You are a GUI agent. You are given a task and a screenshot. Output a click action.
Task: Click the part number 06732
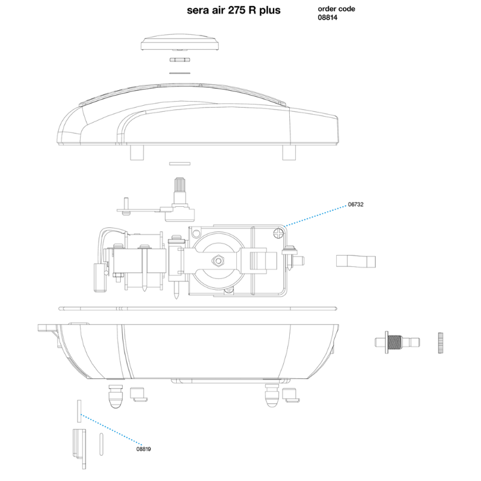coord(355,204)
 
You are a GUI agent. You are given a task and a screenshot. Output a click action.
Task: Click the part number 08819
coord(144,449)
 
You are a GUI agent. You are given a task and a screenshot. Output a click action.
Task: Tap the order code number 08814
coord(328,17)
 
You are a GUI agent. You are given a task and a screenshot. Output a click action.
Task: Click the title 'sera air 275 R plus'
coord(233,10)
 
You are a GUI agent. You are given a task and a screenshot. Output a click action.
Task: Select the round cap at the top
coord(180,42)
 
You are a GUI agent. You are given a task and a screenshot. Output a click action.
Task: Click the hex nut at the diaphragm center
coord(218,261)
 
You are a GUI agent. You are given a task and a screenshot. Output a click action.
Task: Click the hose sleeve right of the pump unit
coord(356,261)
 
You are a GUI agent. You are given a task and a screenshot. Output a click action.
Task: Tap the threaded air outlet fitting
coord(397,342)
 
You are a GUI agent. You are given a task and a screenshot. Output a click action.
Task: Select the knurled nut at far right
coord(441,343)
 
